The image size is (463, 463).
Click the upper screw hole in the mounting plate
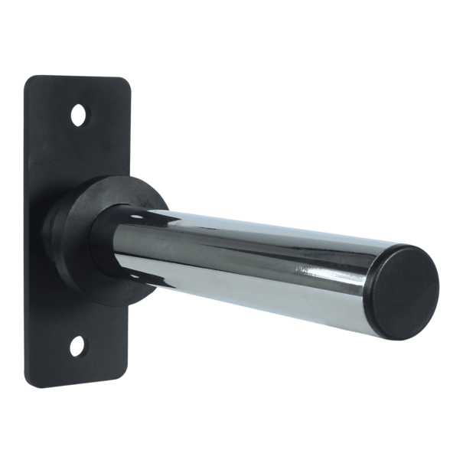click(x=77, y=116)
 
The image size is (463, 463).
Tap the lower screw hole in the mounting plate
click(x=77, y=348)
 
